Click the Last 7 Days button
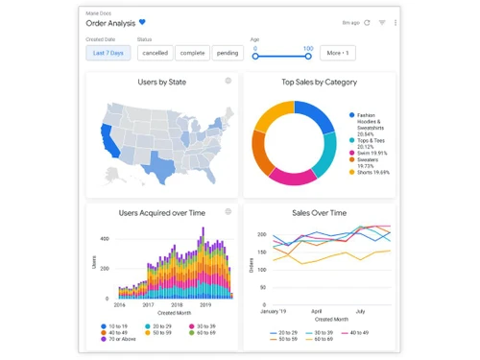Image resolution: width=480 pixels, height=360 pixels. (108, 53)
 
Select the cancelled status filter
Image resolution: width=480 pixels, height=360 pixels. (156, 53)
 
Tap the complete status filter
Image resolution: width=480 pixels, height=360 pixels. (192, 53)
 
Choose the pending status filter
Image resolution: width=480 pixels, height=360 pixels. (228, 53)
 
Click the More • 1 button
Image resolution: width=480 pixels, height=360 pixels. (336, 53)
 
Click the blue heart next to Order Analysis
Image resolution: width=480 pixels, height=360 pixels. (143, 21)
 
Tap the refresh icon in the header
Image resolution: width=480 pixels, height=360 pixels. (367, 22)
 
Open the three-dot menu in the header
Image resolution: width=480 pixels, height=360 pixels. (395, 22)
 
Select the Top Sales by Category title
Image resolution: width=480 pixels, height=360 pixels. (320, 83)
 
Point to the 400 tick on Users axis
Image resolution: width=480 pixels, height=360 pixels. (104, 240)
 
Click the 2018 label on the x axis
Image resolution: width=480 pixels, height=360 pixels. (177, 304)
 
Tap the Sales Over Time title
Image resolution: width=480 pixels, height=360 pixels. (319, 212)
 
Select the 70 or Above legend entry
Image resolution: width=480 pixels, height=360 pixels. (125, 340)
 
